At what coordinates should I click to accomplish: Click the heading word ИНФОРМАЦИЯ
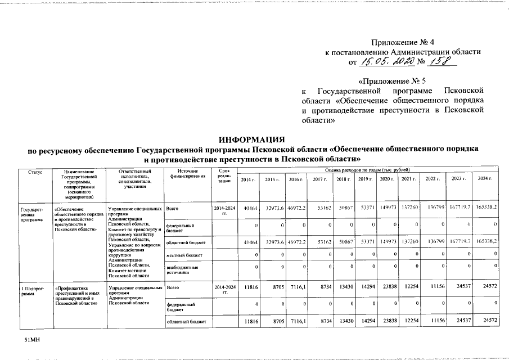[254, 139]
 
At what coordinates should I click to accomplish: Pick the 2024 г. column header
[485, 179]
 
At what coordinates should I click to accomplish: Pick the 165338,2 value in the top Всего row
[485, 208]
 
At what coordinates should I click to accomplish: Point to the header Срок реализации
[224, 176]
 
